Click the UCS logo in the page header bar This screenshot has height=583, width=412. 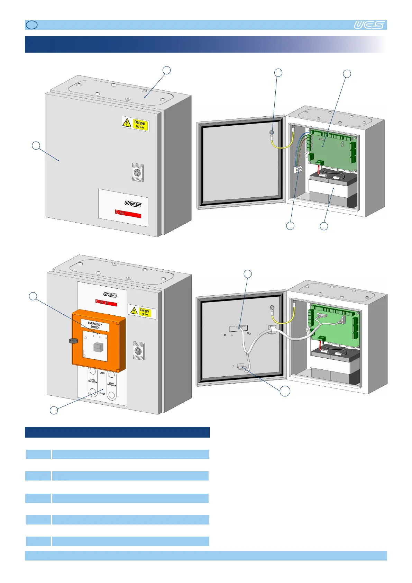click(x=369, y=25)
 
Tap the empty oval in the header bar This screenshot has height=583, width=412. click(x=32, y=25)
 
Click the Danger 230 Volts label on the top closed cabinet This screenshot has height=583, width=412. click(x=135, y=124)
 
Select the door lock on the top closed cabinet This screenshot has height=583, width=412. click(x=137, y=172)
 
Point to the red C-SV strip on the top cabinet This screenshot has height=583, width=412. click(x=128, y=213)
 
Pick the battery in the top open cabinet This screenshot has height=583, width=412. click(x=332, y=189)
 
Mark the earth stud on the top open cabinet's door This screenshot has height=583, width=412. click(x=272, y=133)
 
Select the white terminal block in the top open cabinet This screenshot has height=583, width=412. click(x=298, y=169)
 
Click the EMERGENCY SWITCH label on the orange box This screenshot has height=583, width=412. click(x=95, y=325)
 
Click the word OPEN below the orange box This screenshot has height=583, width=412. click(x=102, y=373)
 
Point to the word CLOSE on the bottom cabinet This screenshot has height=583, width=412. click(x=102, y=394)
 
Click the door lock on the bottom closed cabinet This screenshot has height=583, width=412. click(x=138, y=351)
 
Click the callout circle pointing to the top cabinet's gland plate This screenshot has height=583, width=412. click(x=167, y=70)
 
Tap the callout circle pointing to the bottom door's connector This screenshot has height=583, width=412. click(x=285, y=391)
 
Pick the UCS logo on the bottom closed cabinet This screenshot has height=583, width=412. click(x=110, y=295)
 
